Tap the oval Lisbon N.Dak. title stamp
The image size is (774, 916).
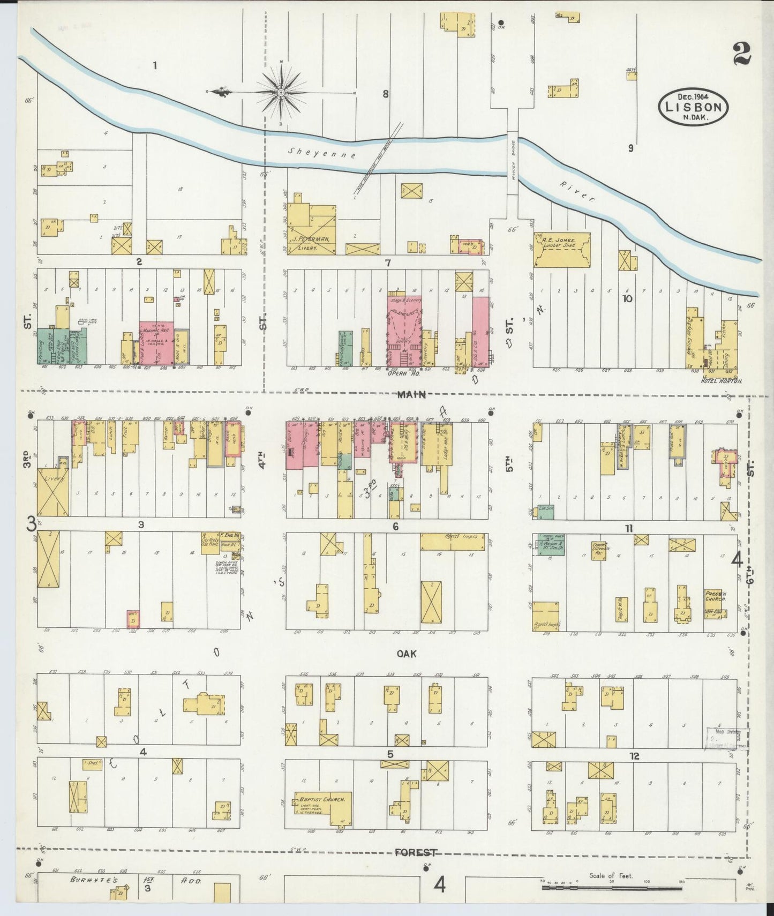pyautogui.click(x=693, y=107)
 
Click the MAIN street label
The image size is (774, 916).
pyautogui.click(x=411, y=395)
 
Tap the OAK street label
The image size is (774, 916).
pyautogui.click(x=407, y=654)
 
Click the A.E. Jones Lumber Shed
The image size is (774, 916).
pyautogui.click(x=561, y=249)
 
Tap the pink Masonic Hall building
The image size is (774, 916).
pyautogui.click(x=156, y=343)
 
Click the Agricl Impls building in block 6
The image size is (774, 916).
pyautogui.click(x=453, y=542)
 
